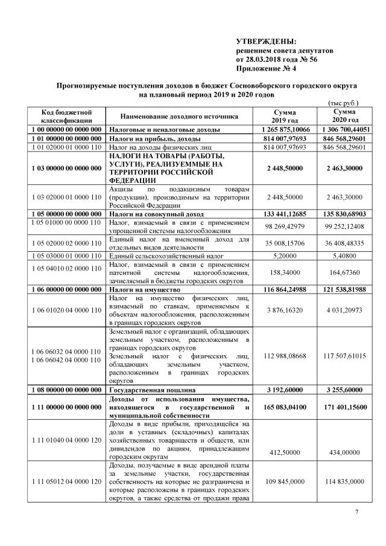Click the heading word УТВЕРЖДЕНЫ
267,41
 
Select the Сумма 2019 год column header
285,117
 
